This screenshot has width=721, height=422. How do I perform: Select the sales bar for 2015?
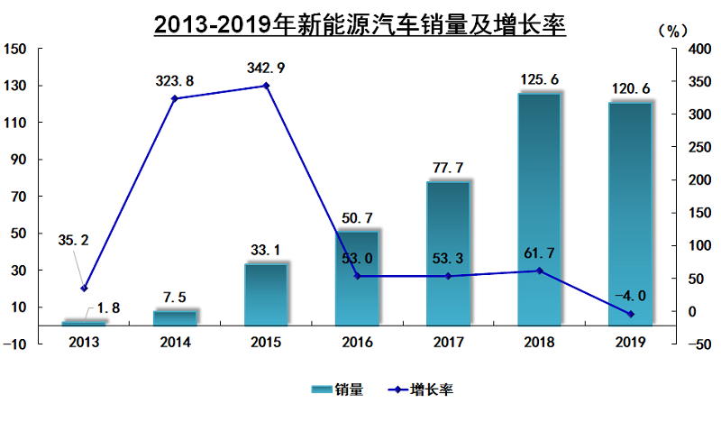pos(266,294)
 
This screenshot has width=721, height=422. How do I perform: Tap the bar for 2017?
pos(448,253)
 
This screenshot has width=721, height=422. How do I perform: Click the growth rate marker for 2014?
pos(175,98)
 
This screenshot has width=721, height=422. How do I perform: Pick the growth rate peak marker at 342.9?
pos(266,86)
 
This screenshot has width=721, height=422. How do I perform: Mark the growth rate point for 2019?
pos(631,314)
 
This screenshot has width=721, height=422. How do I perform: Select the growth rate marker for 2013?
pos(84,289)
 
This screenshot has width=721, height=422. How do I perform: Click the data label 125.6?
pos(540,80)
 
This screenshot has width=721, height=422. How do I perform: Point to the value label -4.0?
pos(630,295)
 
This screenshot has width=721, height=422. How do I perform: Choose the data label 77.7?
pos(448,168)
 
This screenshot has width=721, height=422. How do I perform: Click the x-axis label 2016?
pos(357,343)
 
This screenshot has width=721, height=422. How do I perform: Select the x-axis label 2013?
pos(84,343)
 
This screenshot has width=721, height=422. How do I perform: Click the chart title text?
pos(360,24)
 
